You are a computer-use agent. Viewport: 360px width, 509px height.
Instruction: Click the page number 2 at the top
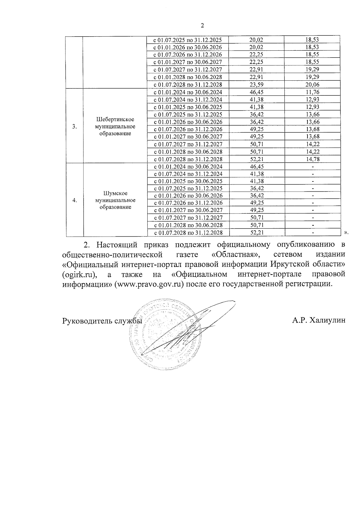[x=202, y=26]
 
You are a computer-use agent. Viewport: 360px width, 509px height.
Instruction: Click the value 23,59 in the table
[x=256, y=85]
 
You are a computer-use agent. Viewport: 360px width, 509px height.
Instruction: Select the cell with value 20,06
[x=312, y=85]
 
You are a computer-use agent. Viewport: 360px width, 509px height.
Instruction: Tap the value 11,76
[x=312, y=92]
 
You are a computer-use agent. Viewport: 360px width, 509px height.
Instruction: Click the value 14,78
[x=312, y=159]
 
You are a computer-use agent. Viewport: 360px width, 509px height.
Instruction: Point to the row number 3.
[x=74, y=126]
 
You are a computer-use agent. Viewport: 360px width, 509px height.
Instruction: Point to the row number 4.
[x=74, y=200]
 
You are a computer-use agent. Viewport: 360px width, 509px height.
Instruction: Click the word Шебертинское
[x=115, y=119]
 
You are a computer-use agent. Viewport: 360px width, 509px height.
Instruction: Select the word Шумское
[x=115, y=193]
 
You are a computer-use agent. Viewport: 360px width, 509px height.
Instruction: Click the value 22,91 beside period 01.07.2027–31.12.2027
[x=256, y=69]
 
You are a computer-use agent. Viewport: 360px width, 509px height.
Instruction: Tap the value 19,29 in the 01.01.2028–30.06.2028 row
[x=312, y=77]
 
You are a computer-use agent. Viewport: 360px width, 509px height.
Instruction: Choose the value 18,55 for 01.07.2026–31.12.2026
[x=312, y=54]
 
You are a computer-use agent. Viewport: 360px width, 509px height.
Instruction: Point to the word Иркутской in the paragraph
[x=288, y=265]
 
